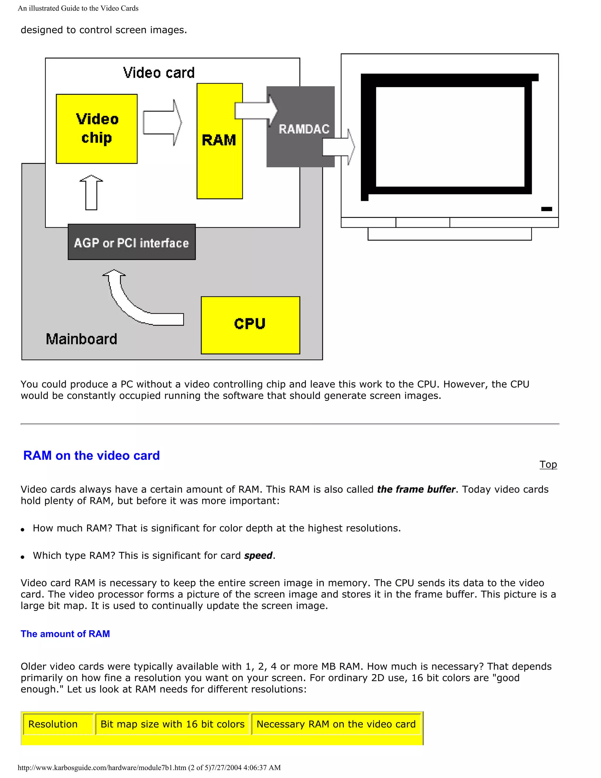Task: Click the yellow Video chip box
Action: pyautogui.click(x=97, y=129)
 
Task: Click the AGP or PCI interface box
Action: pyautogui.click(x=131, y=242)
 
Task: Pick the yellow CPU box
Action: pyautogui.click(x=250, y=325)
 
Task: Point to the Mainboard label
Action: pyautogui.click(x=82, y=339)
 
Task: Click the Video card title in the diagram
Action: pyautogui.click(x=159, y=73)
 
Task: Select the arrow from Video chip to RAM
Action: pyautogui.click(x=162, y=122)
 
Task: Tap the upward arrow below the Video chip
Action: pyautogui.click(x=92, y=192)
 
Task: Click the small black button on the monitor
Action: pyautogui.click(x=546, y=209)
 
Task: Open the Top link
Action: pyautogui.click(x=548, y=464)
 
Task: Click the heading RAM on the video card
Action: pyautogui.click(x=92, y=456)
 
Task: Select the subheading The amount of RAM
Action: pyautogui.click(x=65, y=634)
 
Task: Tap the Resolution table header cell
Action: pyautogui.click(x=53, y=724)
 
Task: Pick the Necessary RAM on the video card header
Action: pyautogui.click(x=336, y=724)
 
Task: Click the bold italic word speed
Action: pyautogui.click(x=258, y=555)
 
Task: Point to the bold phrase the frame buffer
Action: pyautogui.click(x=416, y=489)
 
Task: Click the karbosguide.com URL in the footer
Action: pyautogui.click(x=102, y=767)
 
